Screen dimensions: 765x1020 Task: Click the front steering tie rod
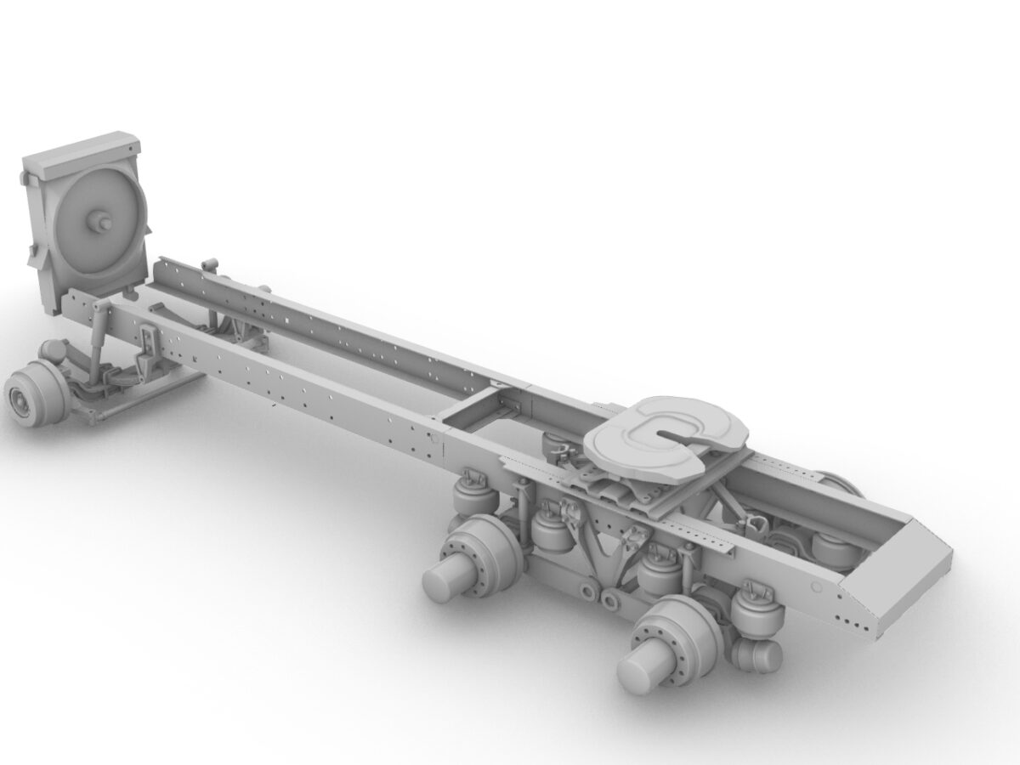pyautogui.click(x=127, y=408)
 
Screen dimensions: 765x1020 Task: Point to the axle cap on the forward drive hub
pyautogui.click(x=442, y=582)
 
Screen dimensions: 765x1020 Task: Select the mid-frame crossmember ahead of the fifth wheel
pyautogui.click(x=476, y=408)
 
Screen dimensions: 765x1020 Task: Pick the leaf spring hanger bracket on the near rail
pyautogui.click(x=150, y=348)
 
